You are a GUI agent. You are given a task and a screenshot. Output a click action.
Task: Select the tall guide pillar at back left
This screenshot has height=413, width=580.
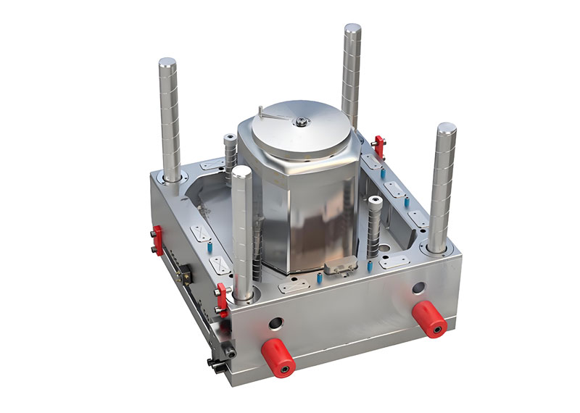click(170, 120)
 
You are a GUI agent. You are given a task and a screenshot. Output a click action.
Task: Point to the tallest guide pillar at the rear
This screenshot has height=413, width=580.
click(352, 72)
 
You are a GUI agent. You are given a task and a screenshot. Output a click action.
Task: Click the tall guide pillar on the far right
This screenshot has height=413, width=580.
click(443, 185)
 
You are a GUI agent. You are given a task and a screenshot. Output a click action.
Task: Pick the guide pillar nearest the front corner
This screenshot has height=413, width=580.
click(241, 232)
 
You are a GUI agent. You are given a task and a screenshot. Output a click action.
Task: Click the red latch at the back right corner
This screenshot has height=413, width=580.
click(378, 144)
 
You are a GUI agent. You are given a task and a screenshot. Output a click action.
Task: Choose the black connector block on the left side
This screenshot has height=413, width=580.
click(185, 273)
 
